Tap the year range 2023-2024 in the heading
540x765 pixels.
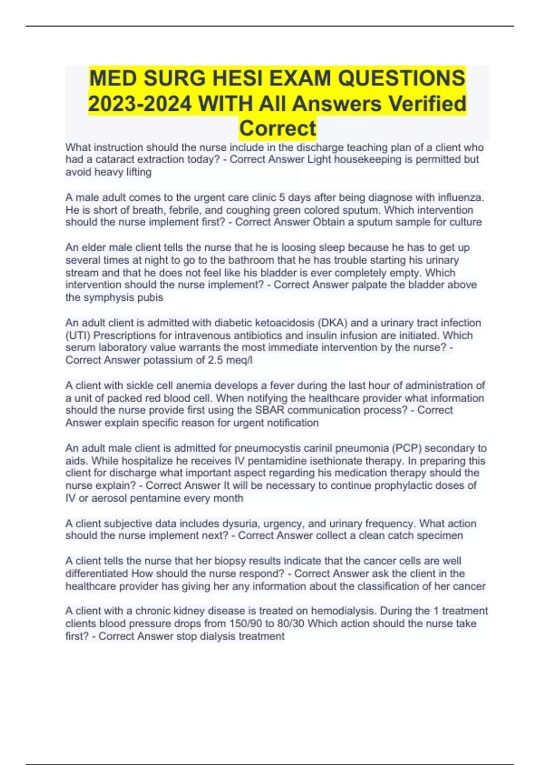click(x=140, y=104)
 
